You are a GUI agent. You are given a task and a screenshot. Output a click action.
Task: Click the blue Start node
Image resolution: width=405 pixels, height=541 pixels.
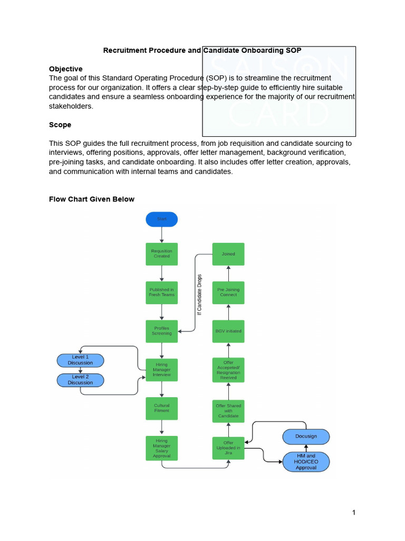coord(162,219)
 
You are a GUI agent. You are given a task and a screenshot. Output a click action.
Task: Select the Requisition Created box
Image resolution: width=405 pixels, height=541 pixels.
coord(162,254)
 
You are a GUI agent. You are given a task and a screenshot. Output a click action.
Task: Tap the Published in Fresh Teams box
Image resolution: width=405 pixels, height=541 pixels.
coord(162,292)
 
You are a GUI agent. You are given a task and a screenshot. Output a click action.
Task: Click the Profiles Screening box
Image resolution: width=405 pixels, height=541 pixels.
coord(162,331)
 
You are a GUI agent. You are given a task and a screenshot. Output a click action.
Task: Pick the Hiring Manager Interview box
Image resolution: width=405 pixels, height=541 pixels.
coord(162,370)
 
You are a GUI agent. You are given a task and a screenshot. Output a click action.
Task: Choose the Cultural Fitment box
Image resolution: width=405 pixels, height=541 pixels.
coord(162,408)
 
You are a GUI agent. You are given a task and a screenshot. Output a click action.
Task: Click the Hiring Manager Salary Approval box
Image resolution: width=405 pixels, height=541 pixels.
coord(162,448)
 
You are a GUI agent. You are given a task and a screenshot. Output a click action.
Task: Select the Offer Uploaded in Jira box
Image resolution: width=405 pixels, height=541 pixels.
coord(228,448)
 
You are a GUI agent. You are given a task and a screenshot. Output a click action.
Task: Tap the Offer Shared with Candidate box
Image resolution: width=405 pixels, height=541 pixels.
coord(228,411)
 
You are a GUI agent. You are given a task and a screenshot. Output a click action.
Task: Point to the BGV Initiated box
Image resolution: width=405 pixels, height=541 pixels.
coord(228,331)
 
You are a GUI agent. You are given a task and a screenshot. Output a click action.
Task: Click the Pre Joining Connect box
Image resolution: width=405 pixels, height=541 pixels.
coord(228,292)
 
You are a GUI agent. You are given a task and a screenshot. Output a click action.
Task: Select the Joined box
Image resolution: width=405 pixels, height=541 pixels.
coord(228,254)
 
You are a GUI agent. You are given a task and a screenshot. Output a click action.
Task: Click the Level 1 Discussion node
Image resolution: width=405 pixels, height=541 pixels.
coord(80,360)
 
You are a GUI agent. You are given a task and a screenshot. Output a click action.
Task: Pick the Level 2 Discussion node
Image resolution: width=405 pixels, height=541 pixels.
coord(80,380)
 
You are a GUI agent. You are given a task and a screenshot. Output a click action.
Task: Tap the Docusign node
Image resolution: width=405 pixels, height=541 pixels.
coord(306,437)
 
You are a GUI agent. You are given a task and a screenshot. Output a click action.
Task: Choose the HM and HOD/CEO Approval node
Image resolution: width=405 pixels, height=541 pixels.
coord(306,462)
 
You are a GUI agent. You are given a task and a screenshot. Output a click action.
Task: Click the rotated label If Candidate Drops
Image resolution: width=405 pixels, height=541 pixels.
coord(199,295)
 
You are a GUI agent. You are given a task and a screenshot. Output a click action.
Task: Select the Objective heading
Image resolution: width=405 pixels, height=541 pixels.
coord(66,69)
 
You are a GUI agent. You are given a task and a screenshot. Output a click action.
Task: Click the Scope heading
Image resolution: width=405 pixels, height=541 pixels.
coord(60,125)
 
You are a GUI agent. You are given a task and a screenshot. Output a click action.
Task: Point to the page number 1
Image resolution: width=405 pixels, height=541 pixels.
coord(354,512)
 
